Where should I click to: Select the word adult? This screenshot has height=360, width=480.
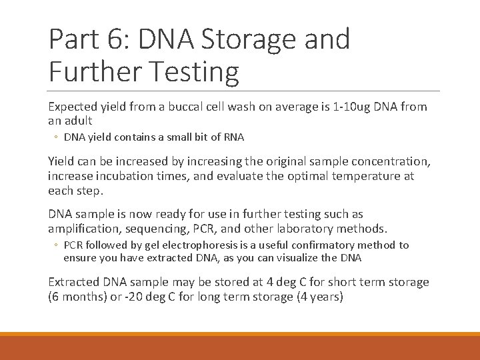tap(78, 121)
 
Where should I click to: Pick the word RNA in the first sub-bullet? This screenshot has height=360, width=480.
tap(233, 137)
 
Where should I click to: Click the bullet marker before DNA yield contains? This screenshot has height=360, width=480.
tap(56, 137)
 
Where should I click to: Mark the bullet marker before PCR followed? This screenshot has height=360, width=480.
tap(56, 245)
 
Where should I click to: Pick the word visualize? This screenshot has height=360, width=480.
tap(309, 258)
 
